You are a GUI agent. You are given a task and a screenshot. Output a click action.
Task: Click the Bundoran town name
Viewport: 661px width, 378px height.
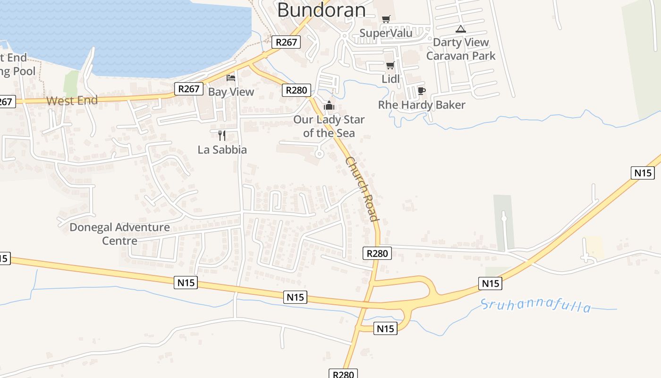point(321,9)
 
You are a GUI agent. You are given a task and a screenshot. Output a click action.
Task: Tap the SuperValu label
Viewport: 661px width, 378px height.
point(386,33)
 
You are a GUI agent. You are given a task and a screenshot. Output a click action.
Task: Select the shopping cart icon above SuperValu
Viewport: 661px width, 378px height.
point(386,19)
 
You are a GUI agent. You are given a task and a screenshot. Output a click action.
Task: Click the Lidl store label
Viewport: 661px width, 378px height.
point(390,79)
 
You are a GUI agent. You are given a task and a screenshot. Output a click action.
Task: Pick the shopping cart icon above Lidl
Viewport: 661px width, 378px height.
point(390,65)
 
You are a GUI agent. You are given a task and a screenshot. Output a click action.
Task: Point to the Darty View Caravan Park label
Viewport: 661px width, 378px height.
point(461,49)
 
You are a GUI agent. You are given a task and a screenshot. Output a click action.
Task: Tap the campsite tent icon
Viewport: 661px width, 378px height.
point(461,29)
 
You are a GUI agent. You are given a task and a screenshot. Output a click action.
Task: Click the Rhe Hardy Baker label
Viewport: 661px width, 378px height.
point(422,105)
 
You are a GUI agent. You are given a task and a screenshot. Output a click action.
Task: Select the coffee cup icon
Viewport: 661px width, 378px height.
point(422,91)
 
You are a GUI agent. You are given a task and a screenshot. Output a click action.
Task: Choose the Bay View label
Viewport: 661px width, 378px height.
point(231,92)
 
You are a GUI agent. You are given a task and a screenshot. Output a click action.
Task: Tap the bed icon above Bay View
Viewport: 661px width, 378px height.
point(231,77)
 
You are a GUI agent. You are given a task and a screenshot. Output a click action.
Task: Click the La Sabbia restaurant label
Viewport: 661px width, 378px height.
point(222,150)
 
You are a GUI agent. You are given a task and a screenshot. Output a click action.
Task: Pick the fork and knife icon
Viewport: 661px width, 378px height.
point(222,136)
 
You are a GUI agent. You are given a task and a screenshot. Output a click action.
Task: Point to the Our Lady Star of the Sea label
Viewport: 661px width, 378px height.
point(329,126)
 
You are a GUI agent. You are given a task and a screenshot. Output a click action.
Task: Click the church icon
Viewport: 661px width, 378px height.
point(329,105)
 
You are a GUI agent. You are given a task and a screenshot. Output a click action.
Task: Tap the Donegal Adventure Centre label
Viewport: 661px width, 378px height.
point(119,233)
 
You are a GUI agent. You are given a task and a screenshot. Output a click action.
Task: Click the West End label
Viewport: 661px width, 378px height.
point(72,100)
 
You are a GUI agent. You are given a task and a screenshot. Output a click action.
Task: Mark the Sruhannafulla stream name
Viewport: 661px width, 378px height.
point(536,306)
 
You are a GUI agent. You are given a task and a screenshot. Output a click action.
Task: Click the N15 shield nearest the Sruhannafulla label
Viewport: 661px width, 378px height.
point(490,283)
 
